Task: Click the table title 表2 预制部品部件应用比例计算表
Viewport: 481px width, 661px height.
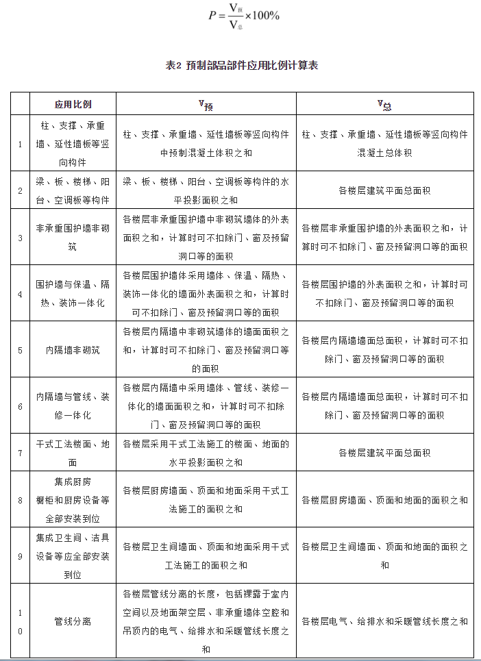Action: coord(241,66)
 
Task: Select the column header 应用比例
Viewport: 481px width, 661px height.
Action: coord(73,104)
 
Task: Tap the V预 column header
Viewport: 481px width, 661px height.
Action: coord(206,104)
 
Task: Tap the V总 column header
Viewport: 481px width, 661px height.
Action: coord(384,104)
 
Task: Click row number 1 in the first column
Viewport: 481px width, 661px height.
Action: coord(20,144)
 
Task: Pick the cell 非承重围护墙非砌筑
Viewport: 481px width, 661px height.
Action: coord(73,237)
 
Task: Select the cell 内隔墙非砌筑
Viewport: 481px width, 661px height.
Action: coord(73,349)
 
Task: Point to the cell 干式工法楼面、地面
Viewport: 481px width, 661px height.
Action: coord(73,452)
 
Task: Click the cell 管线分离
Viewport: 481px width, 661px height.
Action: coord(73,621)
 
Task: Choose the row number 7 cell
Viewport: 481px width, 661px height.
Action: coord(20,452)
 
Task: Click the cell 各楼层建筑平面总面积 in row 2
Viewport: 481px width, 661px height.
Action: coord(384,190)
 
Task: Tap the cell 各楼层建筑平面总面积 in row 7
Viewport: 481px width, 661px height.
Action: coord(384,452)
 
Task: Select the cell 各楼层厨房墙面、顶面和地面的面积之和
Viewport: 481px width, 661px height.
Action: coord(384,499)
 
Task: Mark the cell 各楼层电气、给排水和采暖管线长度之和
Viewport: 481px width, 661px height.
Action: coord(384,621)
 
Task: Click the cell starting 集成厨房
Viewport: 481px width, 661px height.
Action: coord(73,499)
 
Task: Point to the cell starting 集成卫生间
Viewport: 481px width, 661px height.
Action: coord(73,556)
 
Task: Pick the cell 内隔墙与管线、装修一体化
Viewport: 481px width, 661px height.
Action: coord(73,406)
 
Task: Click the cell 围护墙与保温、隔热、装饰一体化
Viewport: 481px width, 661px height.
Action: coord(73,293)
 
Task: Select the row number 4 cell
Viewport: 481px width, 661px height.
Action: coord(20,293)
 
